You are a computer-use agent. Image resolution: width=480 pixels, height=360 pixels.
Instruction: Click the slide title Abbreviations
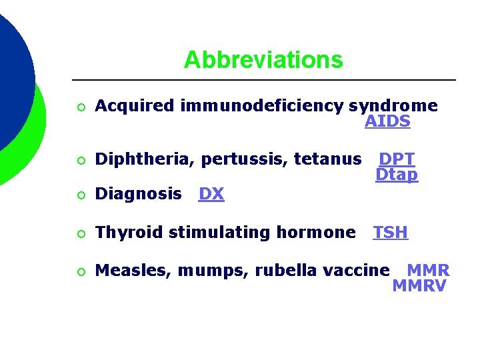pos(263,60)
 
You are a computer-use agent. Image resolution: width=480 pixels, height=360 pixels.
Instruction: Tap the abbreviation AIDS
pos(387,122)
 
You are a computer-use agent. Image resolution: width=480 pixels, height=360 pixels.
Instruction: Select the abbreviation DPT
pos(397,159)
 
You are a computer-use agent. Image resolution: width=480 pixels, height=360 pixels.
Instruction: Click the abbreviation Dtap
pos(397,175)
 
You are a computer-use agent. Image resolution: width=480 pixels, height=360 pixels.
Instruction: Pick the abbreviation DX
pos(211,195)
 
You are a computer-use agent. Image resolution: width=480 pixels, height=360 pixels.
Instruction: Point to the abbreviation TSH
pos(391,233)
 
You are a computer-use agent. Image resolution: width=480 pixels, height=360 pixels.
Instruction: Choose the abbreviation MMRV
pos(419,287)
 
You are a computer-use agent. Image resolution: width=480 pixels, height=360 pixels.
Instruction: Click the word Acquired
pos(134,106)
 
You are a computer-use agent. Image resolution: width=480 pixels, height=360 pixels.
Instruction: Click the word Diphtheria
pos(145,159)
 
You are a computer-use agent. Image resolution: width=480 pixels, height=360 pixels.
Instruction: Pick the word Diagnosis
pos(138,195)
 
